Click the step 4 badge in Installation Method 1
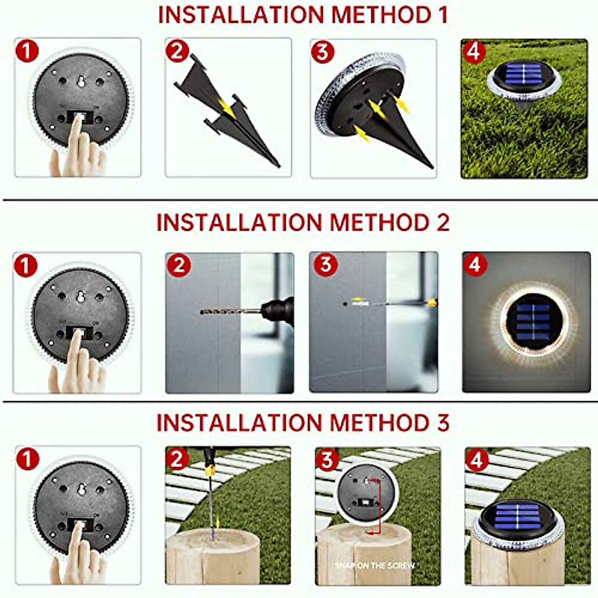(x=474, y=51)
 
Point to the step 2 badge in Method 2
(x=178, y=265)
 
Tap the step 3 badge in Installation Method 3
(x=327, y=460)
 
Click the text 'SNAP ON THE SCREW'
(x=374, y=565)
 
